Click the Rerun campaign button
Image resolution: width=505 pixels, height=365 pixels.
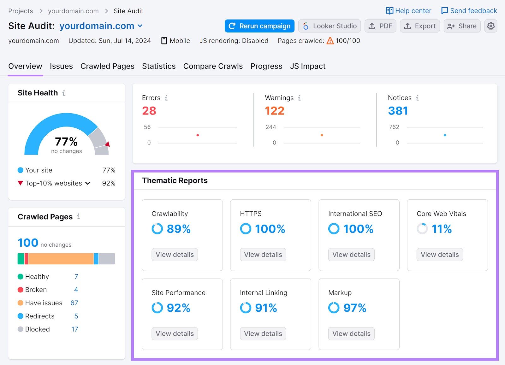pos(259,26)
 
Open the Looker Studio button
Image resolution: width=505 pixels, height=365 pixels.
pos(330,26)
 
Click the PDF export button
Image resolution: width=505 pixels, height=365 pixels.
pos(380,26)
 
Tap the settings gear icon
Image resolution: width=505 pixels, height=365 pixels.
pos(491,26)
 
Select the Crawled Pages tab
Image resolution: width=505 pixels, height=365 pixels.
pos(107,66)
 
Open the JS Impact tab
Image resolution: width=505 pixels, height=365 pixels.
pos(307,66)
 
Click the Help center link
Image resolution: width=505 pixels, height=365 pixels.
pos(409,11)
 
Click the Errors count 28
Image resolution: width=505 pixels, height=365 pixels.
pos(149,111)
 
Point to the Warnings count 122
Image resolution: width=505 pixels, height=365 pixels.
pos(275,111)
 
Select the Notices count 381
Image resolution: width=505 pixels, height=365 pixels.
pos(398,111)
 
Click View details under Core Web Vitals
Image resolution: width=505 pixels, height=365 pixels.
pos(440,255)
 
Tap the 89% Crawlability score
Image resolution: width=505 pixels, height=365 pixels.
pos(178,229)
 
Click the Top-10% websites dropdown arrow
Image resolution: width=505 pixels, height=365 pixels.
pos(88,183)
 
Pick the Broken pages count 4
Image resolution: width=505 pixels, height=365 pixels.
pos(76,290)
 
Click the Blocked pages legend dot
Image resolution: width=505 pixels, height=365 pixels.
pos(21,329)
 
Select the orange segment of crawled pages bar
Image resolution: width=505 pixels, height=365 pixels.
pos(61,259)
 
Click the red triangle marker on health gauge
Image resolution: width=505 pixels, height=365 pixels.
pos(108,144)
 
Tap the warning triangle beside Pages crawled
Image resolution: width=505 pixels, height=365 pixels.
pos(330,41)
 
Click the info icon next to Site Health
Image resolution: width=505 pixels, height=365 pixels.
pos(64,93)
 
